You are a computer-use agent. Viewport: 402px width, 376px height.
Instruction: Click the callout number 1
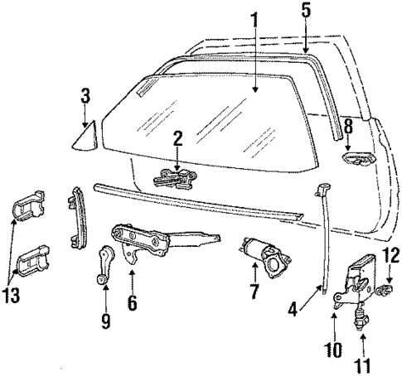click(x=256, y=18)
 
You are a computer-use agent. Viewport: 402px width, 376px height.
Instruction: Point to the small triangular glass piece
click(x=87, y=133)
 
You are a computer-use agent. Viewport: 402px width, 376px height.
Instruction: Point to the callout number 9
click(x=105, y=320)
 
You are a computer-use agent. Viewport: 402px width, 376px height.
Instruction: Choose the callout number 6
click(x=132, y=303)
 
